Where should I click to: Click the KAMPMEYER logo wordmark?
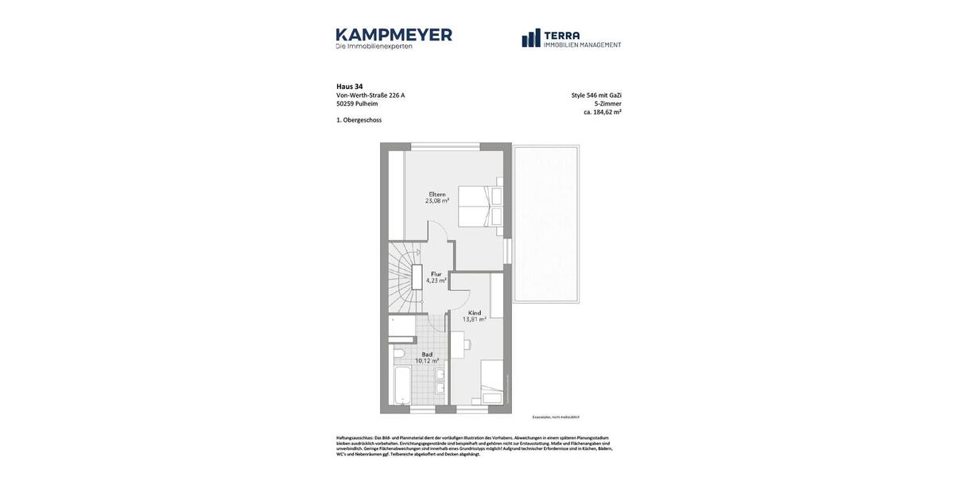[394, 35]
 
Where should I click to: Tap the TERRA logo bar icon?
[530, 38]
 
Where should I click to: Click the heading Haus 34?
[349, 87]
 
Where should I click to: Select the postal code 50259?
[345, 103]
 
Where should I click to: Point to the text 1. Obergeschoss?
[359, 120]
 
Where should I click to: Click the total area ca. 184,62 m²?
[602, 112]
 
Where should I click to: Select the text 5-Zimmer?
[607, 103]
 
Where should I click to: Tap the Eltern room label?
[437, 194]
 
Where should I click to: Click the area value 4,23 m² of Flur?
[436, 281]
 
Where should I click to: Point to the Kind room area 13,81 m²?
[474, 320]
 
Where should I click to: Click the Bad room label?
[427, 355]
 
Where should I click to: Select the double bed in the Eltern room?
[482, 207]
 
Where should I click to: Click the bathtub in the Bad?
[401, 386]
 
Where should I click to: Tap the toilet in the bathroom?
[399, 353]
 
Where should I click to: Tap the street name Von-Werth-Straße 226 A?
[370, 95]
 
